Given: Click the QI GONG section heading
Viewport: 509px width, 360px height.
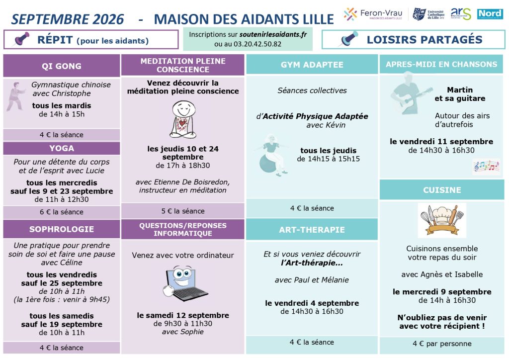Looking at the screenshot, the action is click(61, 66).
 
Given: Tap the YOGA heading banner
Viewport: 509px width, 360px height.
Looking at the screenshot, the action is click(62, 148).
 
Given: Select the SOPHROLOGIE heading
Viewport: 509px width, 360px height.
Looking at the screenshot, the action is click(62, 229).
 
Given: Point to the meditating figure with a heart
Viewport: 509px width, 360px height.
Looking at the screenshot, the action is click(183, 119).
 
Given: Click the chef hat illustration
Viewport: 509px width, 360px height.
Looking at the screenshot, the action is click(442, 220).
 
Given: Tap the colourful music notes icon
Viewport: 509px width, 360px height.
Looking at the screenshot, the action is click(486, 167).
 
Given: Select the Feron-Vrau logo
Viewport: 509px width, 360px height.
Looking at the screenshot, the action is click(373, 14).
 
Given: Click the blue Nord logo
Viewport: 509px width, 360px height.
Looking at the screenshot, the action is click(490, 14).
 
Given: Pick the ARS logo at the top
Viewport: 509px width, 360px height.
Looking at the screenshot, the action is click(461, 13).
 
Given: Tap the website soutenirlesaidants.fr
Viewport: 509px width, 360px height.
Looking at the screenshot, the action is click(273, 34).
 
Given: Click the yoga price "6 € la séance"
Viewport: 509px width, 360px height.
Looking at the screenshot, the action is click(62, 212).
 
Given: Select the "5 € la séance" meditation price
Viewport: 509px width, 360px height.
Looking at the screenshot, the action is click(183, 211).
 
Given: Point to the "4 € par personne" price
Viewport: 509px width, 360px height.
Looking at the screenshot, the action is click(442, 344).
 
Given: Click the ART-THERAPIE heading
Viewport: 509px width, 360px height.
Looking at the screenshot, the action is click(312, 230).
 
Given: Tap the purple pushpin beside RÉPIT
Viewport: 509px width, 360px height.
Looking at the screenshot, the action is click(22, 39).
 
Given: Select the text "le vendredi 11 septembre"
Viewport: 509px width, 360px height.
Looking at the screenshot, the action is click(441, 142).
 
